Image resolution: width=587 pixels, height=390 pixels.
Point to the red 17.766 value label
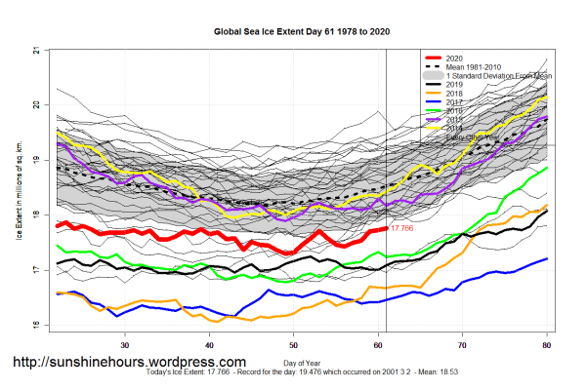coord(403,227)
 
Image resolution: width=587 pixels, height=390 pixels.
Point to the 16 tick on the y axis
coord(35,325)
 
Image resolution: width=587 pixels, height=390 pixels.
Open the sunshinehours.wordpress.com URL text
coord(128,362)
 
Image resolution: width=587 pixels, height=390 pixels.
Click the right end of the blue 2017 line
coord(546,258)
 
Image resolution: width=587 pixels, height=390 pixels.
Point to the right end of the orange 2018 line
coord(546,206)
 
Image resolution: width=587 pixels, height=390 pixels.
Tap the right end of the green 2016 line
coord(546,168)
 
